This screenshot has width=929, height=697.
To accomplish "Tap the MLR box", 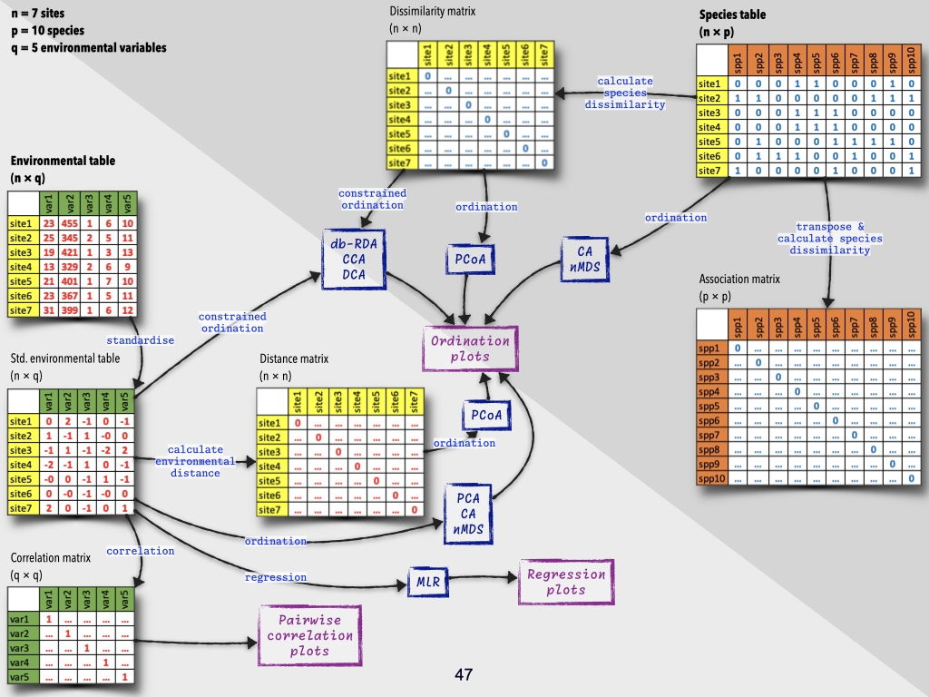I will tap(428, 578).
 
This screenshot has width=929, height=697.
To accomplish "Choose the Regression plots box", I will tap(565, 582).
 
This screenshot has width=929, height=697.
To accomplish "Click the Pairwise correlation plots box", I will tap(309, 635).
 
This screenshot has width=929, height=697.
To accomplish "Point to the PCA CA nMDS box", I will tap(468, 514).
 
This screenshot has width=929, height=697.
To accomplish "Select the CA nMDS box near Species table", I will tap(584, 259).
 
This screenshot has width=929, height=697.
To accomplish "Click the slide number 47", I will tap(464, 674).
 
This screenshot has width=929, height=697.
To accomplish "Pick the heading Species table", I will tap(732, 15).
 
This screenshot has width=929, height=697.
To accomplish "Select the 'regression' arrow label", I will tap(276, 577).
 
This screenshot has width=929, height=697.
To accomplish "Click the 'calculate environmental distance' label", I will tap(195, 461).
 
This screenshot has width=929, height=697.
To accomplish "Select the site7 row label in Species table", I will tap(709, 171).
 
